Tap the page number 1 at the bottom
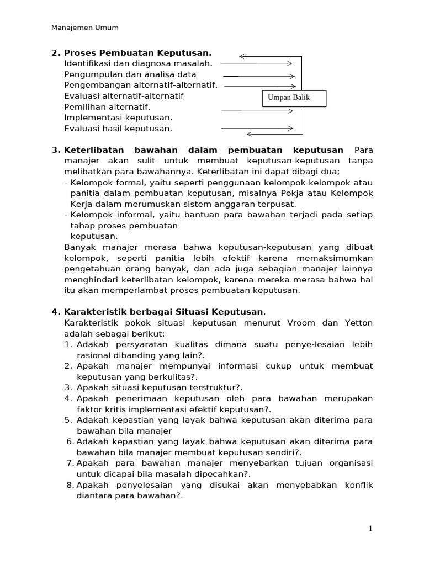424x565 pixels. [371, 529]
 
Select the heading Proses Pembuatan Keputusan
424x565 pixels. [137, 53]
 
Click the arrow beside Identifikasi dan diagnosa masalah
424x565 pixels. [257, 63]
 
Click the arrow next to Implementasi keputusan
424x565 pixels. [257, 111]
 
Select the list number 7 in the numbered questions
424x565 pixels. [70, 463]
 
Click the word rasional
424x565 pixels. [94, 355]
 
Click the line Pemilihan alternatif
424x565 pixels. [107, 106]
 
